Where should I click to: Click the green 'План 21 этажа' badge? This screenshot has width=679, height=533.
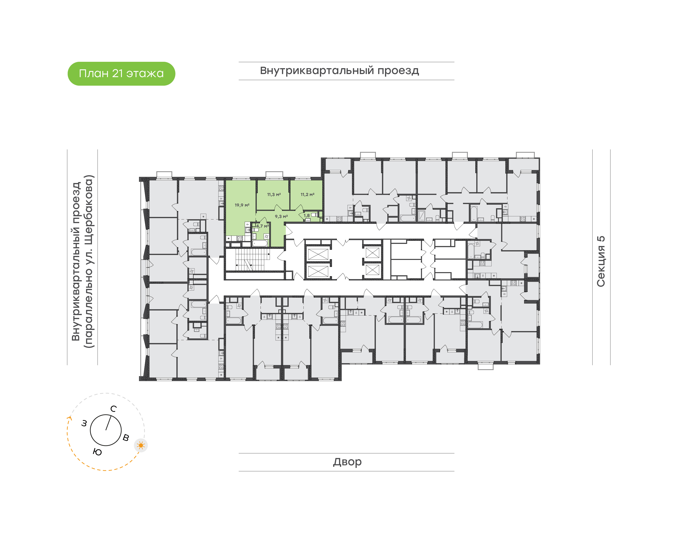(121, 74)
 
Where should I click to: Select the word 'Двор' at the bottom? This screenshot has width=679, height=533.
(347, 462)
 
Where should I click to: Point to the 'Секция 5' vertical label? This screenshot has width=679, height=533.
(601, 261)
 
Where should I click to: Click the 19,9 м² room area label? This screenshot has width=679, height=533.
(242, 205)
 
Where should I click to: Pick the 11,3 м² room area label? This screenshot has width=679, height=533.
(274, 194)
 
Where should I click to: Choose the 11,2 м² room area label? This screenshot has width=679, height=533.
(307, 194)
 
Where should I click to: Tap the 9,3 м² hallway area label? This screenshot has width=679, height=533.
(281, 216)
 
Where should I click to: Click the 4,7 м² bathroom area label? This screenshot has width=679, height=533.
(263, 226)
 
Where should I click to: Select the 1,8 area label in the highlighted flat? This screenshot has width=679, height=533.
(306, 215)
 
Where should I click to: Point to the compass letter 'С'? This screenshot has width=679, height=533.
(114, 409)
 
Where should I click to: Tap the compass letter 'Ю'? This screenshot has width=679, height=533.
(97, 452)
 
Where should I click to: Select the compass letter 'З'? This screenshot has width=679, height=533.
(84, 424)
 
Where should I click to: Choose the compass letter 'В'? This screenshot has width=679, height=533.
(126, 437)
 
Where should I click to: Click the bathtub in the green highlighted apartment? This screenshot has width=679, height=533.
(260, 243)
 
